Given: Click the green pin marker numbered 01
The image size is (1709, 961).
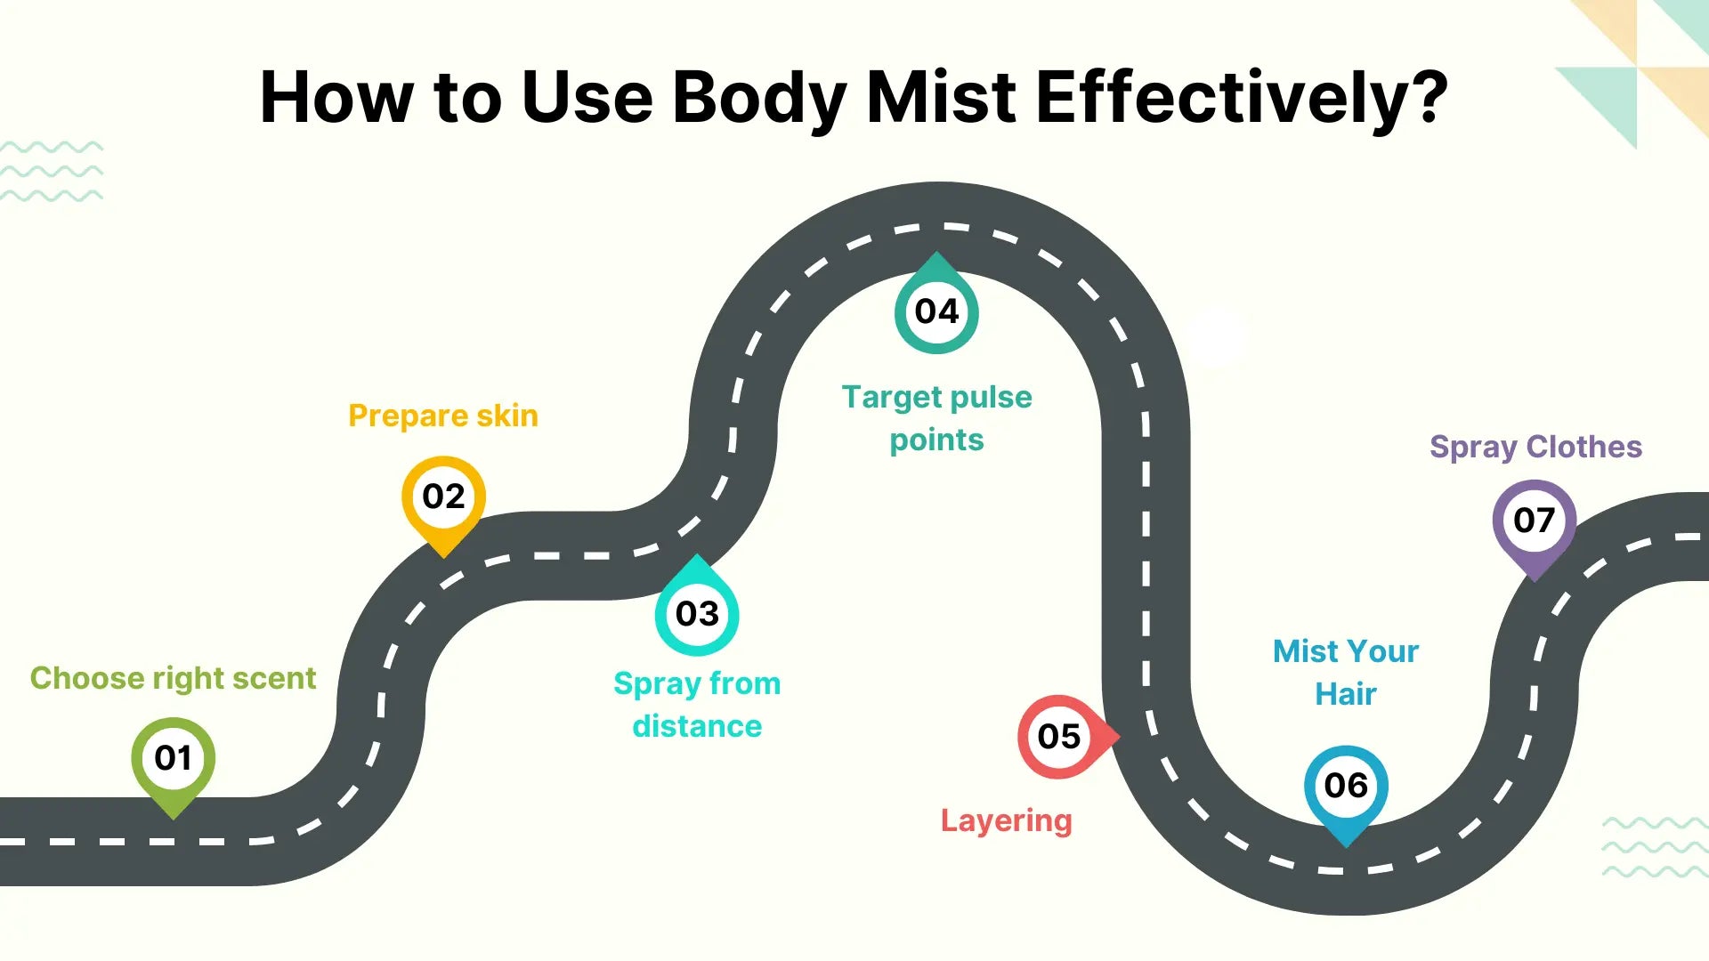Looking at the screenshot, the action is tap(173, 762).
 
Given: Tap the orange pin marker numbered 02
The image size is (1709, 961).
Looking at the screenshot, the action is tap(443, 500).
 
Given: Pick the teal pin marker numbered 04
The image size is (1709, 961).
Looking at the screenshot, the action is tap(936, 307).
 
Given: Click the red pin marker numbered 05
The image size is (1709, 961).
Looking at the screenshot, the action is tap(1064, 737).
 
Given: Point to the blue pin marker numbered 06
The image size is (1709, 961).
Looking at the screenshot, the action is tap(1346, 789).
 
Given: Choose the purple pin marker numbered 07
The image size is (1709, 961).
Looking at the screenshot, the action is tap(1535, 524).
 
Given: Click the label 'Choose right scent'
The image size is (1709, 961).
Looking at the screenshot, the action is tap(173, 679).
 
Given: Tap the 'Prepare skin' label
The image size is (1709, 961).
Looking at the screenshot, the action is tap(443, 416).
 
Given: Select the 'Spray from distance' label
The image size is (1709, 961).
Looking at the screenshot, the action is tap(697, 705).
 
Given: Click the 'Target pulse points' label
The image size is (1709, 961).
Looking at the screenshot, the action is tap(937, 418).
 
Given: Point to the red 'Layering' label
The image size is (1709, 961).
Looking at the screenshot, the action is tap(1007, 821).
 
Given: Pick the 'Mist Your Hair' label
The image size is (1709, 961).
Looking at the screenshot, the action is tap(1346, 673).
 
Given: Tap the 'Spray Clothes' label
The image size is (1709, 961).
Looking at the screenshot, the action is tap(1536, 448).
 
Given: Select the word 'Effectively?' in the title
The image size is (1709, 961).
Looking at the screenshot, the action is tap(1243, 97).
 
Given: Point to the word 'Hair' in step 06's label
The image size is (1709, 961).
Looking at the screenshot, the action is tap(1346, 694).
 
